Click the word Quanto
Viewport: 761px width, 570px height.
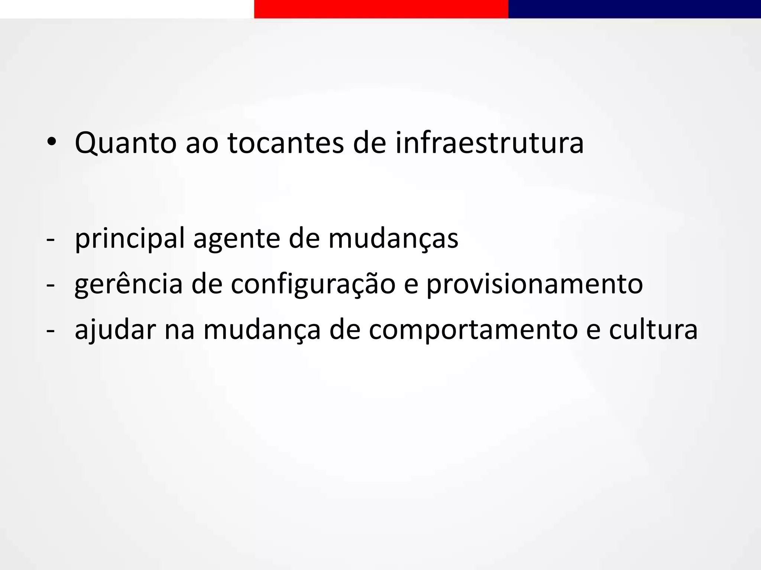pos(126,143)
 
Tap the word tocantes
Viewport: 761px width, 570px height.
pos(286,143)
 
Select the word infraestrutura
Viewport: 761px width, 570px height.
pos(489,143)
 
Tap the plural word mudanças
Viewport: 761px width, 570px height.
pos(393,239)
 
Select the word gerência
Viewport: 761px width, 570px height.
pos(129,285)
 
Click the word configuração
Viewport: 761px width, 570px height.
pos(313,285)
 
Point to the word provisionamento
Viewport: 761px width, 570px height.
pos(534,285)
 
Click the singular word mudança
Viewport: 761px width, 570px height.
pos(262,330)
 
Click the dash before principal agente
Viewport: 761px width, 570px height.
pos(50,240)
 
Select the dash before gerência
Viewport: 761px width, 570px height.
pos(50,285)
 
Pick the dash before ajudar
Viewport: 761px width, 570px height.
pos(50,330)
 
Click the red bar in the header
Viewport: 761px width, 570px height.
pos(381,9)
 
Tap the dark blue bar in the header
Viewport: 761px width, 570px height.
pos(634,9)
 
